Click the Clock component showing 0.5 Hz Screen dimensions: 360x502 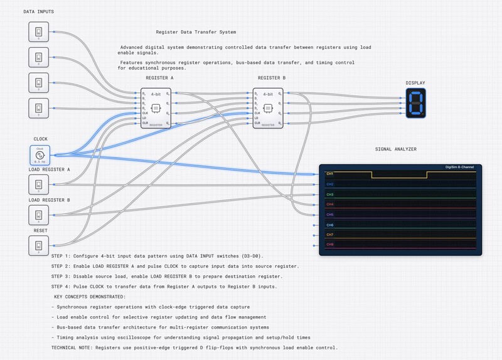coord(39,155)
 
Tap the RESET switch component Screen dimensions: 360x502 coord(38,245)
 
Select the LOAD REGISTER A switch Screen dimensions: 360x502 coord(38,184)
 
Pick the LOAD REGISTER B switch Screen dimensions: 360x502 coord(38,215)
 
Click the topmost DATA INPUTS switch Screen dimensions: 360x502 coord(38,32)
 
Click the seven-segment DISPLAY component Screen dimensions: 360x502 coord(415,102)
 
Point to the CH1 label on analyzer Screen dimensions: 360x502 coord(330,174)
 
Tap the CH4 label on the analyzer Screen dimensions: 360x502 coord(330,204)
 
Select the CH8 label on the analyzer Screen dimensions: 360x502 coord(330,245)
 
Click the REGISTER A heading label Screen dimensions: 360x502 coord(159,78)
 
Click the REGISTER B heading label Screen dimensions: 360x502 coord(272,78)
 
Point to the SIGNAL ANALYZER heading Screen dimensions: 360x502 coord(395,149)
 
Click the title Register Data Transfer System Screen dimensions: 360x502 coord(196,32)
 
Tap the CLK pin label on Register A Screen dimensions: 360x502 coord(144,114)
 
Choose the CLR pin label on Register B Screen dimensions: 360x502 coord(257,124)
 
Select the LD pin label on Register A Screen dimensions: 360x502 coord(144,119)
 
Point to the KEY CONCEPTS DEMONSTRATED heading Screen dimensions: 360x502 coord(90,296)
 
